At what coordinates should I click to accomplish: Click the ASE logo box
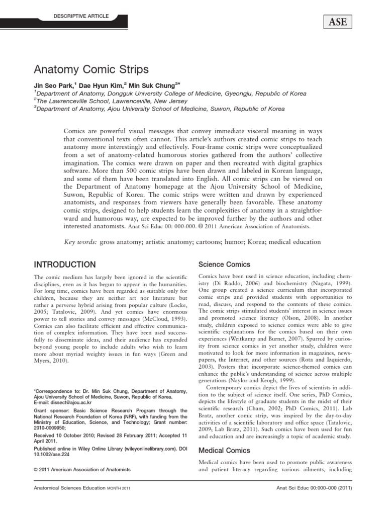[x=334, y=22]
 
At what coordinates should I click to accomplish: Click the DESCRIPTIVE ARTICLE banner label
[x=80, y=17]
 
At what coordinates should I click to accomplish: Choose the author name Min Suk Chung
[x=150, y=85]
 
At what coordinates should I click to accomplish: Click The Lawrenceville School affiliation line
[x=107, y=101]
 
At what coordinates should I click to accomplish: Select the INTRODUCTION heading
[x=64, y=265]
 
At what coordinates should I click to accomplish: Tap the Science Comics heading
[x=224, y=264]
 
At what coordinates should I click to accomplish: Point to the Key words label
[x=81, y=242]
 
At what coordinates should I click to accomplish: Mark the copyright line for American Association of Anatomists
[x=82, y=469]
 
